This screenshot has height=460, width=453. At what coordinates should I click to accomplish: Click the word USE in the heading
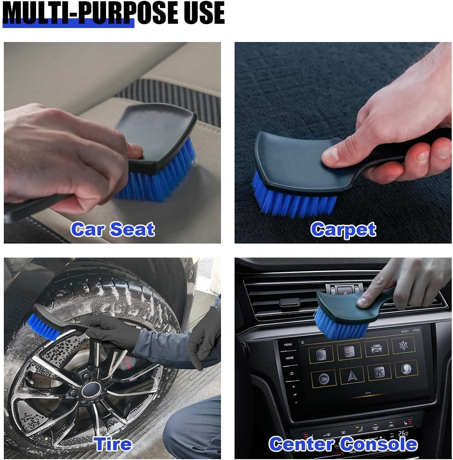click(x=200, y=13)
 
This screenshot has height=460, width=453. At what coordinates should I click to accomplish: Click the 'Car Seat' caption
click(x=112, y=230)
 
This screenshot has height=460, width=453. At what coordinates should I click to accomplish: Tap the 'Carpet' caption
click(x=343, y=230)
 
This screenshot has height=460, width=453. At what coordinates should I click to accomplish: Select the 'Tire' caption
click(x=113, y=444)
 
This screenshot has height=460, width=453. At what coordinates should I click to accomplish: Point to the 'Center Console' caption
click(x=343, y=444)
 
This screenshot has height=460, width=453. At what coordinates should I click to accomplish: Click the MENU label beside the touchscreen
click(x=288, y=345)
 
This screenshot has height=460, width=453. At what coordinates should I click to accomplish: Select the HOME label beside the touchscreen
click(x=289, y=358)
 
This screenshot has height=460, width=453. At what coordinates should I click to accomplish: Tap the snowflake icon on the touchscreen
click(x=403, y=346)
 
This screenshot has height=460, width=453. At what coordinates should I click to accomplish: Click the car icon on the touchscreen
click(x=376, y=348)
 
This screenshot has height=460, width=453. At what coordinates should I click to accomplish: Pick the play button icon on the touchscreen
click(x=323, y=378)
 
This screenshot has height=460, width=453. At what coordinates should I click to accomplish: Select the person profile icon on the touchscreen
click(x=406, y=369)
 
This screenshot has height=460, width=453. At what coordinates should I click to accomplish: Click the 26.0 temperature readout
click(x=403, y=433)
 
